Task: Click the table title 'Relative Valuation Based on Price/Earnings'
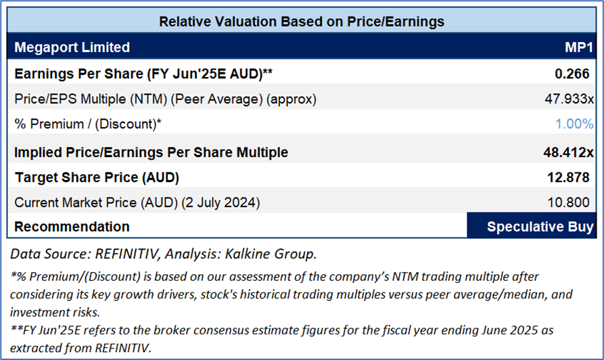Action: [302, 22]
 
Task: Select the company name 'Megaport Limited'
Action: [72, 47]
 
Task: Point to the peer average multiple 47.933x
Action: [569, 99]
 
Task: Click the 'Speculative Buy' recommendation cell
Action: [530, 226]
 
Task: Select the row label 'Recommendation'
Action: [72, 226]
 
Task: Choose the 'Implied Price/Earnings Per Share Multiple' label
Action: [151, 152]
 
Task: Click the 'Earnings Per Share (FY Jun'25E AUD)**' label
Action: [143, 73]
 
